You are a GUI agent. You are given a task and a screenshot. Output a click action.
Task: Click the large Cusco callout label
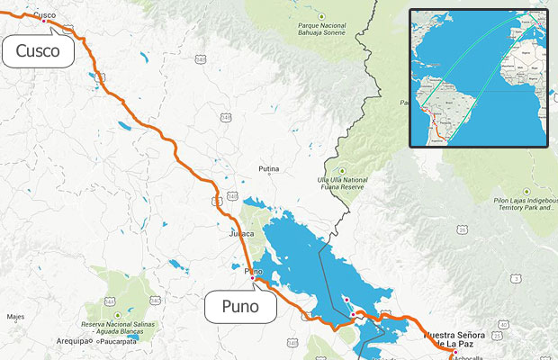37,51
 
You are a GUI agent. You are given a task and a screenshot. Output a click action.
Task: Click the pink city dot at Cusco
43,21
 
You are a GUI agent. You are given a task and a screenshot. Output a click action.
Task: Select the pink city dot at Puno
252,277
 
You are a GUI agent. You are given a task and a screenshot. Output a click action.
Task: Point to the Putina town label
268,169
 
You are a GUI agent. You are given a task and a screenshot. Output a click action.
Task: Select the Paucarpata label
123,342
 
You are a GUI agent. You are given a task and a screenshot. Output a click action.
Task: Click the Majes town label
15,317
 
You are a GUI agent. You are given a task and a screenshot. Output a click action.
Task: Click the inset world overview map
479,77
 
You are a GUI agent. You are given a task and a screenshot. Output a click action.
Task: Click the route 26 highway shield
463,230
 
